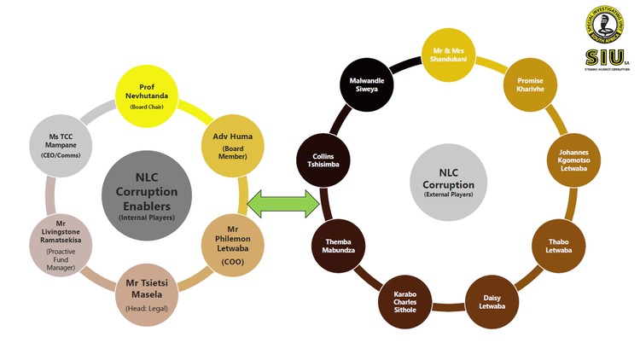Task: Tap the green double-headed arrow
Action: pos(282,203)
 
